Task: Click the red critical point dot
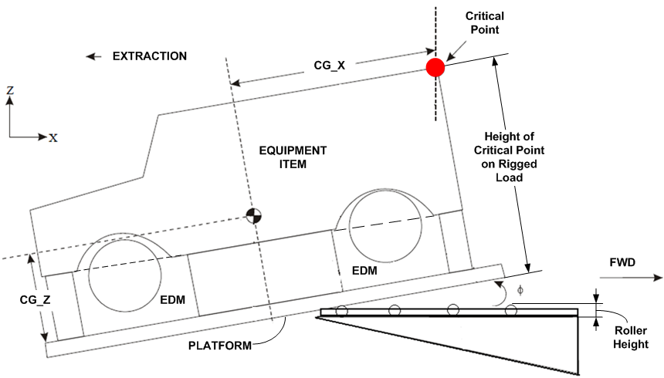(x=435, y=67)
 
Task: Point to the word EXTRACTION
(x=150, y=56)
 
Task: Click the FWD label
(x=622, y=262)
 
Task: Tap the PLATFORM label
(x=220, y=345)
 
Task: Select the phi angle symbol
(x=520, y=290)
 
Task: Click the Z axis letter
(x=10, y=90)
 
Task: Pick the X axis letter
(x=53, y=138)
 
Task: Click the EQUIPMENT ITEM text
(x=293, y=157)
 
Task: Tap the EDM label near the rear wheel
(x=173, y=299)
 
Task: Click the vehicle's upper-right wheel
(x=385, y=224)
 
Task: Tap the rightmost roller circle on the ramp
(x=510, y=311)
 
